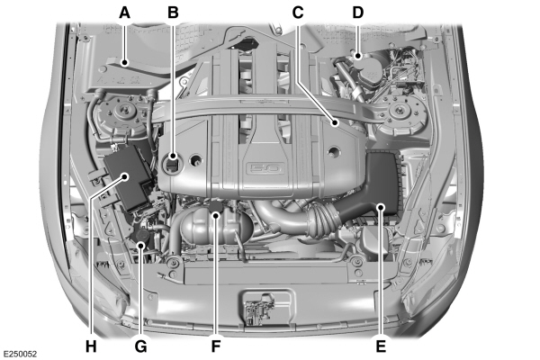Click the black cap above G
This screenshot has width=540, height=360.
click(143, 236)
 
